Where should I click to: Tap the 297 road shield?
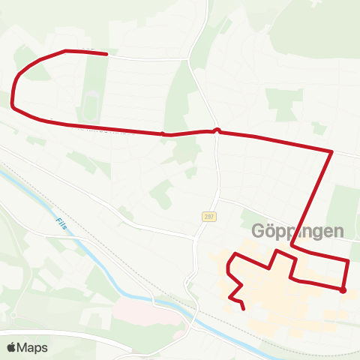point(209,216)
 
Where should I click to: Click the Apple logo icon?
point(12,348)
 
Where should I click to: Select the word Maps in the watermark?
point(33,348)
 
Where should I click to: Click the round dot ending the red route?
point(342,290)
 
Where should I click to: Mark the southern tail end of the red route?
point(244,308)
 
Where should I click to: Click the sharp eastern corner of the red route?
point(331,151)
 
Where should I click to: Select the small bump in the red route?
point(217,130)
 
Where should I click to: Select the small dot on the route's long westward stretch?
point(163,134)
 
